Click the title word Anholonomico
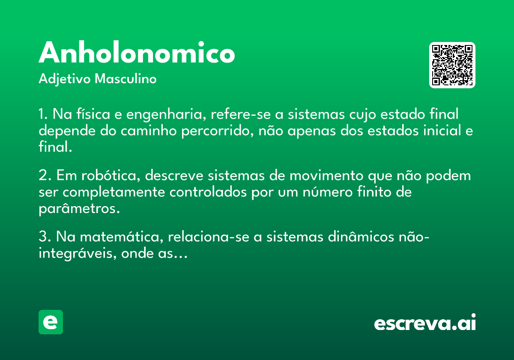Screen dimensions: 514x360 [137, 52]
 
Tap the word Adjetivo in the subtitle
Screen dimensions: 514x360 [65, 79]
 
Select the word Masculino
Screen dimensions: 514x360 [126, 78]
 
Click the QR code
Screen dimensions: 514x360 [452, 65]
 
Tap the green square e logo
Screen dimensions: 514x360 [51, 322]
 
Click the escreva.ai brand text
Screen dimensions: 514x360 [425, 322]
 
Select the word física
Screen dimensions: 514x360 [93, 114]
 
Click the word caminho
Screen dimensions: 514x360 [149, 130]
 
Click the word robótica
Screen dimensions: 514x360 [111, 176]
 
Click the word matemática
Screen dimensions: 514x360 [122, 237]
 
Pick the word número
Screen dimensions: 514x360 [327, 192]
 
